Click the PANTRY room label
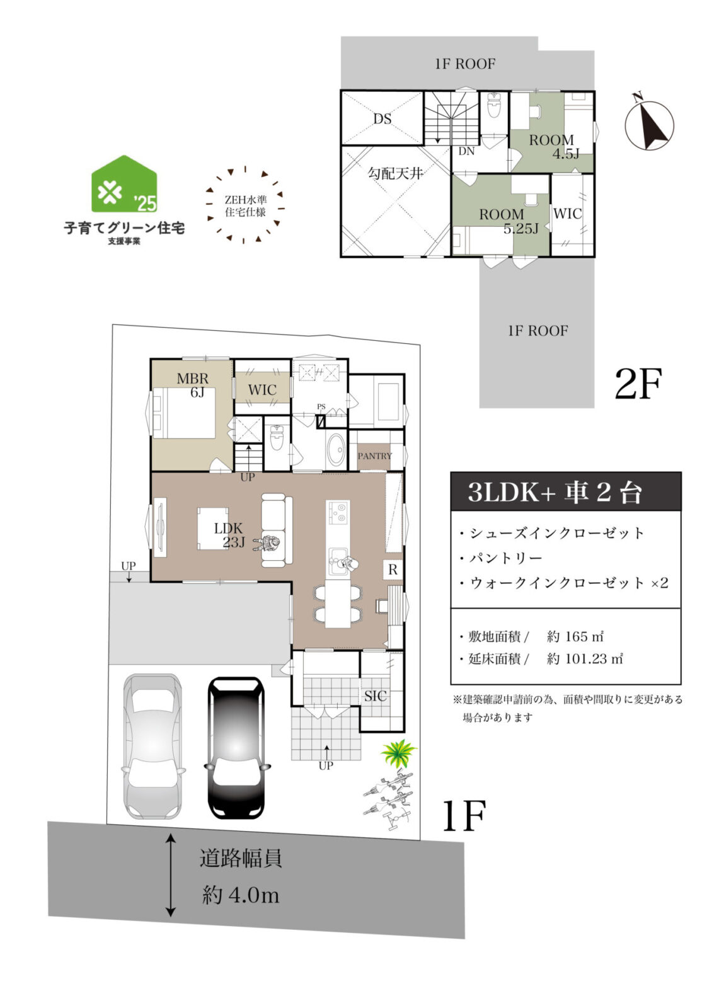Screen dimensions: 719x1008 [374, 456]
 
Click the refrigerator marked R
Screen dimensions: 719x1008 [393, 570]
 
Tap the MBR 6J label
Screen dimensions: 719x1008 [192, 385]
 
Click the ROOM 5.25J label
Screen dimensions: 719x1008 [508, 221]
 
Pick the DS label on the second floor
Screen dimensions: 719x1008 [383, 119]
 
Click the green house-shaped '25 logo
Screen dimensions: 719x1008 [124, 183]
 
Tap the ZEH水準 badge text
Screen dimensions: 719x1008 [245, 205]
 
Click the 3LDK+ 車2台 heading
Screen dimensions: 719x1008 [554, 492]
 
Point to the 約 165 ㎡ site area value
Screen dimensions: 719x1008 [575, 636]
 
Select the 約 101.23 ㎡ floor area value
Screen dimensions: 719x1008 [585, 659]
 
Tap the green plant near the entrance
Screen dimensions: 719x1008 [398, 753]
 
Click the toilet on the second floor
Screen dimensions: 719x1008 [494, 106]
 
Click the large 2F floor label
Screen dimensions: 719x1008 [638, 384]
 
